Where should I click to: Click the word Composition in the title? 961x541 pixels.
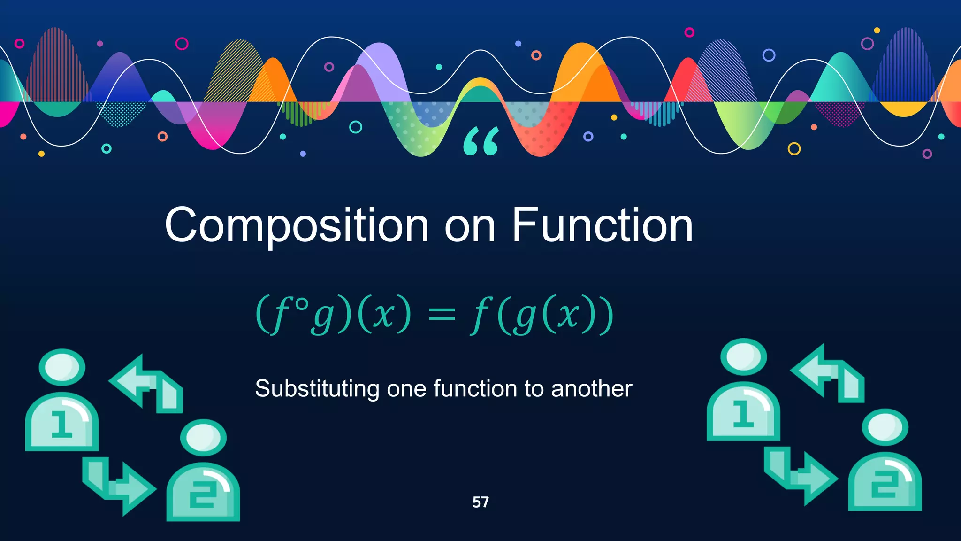297,226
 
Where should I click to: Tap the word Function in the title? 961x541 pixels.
602,226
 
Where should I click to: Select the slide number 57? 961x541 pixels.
480,502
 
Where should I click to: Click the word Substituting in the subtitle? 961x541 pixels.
317,389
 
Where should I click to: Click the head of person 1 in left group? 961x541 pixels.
62,367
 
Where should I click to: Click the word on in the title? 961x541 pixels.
470,226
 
